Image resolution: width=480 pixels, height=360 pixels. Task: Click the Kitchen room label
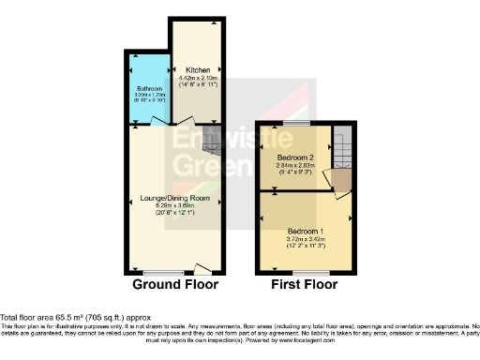[198, 69]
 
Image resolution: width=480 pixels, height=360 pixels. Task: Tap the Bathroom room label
[148, 88]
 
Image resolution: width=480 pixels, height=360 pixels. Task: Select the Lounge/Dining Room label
[175, 199]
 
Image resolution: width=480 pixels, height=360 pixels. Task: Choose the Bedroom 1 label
[306, 231]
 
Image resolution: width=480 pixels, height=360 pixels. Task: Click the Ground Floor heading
[175, 284]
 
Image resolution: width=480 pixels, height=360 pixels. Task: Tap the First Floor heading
[304, 284]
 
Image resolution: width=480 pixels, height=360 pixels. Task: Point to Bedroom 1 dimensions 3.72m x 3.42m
[306, 239]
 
